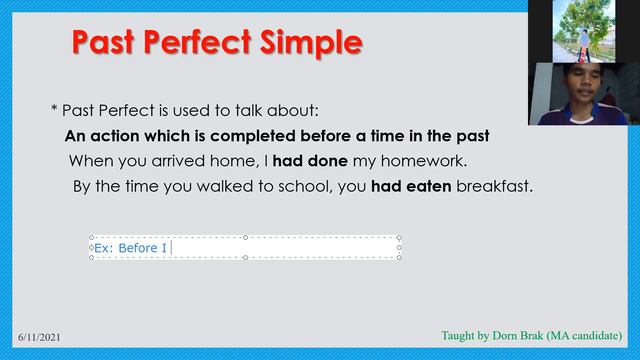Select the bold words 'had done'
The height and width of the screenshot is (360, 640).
click(x=305, y=160)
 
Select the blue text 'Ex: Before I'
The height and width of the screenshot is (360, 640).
click(x=130, y=247)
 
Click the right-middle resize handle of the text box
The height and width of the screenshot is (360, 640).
click(x=400, y=247)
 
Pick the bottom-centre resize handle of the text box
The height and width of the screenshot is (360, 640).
click(x=245, y=257)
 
